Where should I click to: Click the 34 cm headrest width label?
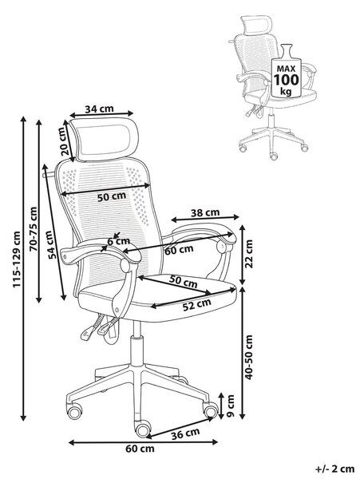(99, 109)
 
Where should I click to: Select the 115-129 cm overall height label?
(16, 259)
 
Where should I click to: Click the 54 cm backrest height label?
(52, 245)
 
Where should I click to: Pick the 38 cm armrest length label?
(205, 212)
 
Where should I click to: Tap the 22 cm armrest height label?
(250, 254)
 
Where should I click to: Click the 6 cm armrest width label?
(119, 241)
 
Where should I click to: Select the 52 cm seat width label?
(197, 304)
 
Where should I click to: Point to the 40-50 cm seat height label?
(249, 357)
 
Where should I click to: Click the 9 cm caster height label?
(231, 406)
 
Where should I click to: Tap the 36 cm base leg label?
(185, 433)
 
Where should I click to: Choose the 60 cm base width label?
(140, 449)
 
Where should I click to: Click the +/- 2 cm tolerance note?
(334, 469)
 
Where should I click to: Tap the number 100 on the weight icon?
(286, 80)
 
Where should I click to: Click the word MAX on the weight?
(286, 69)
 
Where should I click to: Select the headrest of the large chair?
(104, 139)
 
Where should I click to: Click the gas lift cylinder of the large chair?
(136, 343)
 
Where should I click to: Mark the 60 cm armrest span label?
(179, 250)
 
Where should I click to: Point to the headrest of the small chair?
(256, 25)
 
